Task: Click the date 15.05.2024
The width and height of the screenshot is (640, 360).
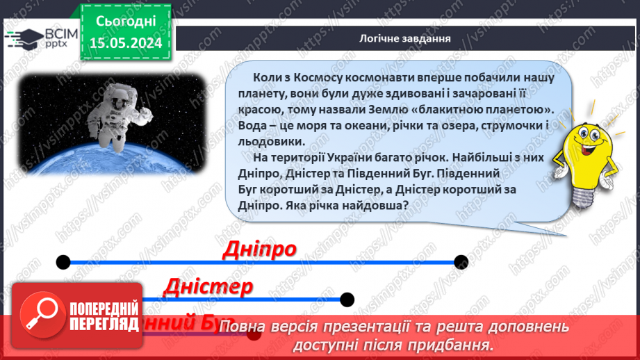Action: point(126,43)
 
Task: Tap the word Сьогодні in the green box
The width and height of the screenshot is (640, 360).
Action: point(126,22)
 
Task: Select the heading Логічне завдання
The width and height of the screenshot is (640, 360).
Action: point(405,38)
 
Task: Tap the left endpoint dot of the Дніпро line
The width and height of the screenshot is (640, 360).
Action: point(63,262)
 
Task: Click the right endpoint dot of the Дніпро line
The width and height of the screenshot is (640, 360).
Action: point(461,262)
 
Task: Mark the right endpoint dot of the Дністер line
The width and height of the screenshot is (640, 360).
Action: point(346,300)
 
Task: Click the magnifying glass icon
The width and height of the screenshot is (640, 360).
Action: point(39,313)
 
